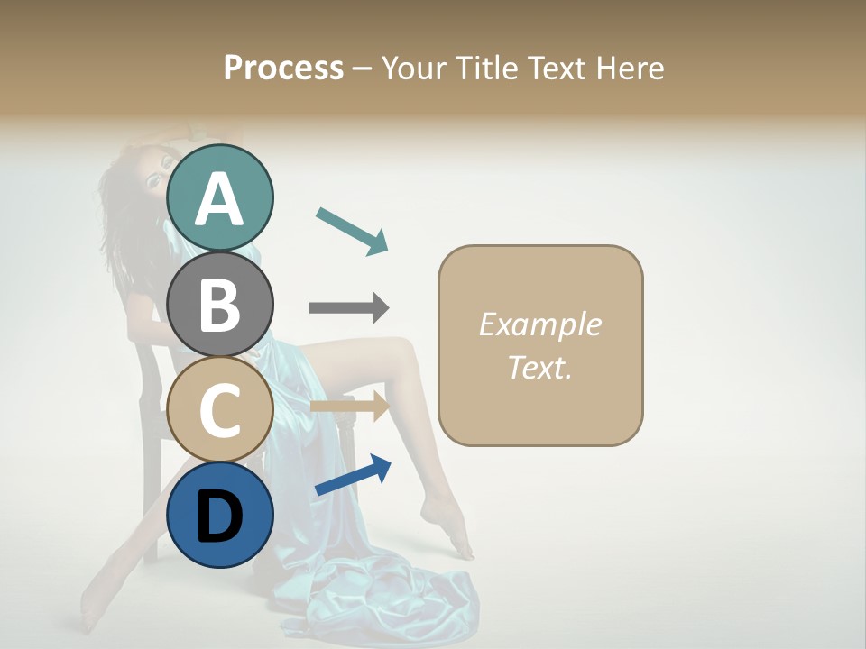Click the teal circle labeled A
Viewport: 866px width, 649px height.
[220, 197]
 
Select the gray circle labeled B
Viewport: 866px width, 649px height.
[220, 304]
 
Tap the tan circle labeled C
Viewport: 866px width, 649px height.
[220, 409]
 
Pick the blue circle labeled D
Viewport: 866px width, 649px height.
[220, 515]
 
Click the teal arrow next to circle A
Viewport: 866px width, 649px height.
[352, 230]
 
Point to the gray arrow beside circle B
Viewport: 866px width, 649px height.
[349, 308]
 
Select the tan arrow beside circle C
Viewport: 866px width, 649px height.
[349, 407]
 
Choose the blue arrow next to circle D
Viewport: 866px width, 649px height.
[353, 475]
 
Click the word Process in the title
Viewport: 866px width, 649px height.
[283, 68]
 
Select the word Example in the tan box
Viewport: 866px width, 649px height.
[539, 324]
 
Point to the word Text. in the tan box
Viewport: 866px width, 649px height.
[539, 367]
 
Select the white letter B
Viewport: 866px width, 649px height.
[220, 304]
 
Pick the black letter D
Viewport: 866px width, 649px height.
[220, 516]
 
